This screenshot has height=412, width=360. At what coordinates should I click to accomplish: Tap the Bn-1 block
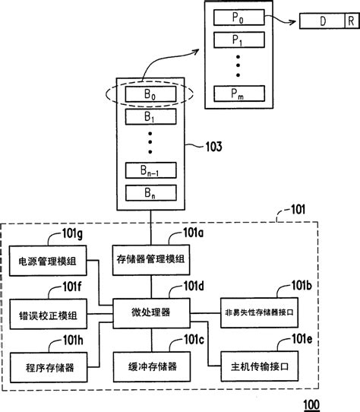click(150, 170)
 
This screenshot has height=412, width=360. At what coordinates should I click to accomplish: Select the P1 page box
click(242, 39)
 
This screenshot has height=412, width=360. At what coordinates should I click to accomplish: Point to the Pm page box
click(242, 93)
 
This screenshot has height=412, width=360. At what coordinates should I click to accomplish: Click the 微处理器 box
click(150, 312)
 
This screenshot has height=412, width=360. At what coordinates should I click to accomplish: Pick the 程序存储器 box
click(47, 366)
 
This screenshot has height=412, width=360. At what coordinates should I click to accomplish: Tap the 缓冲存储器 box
click(150, 366)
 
